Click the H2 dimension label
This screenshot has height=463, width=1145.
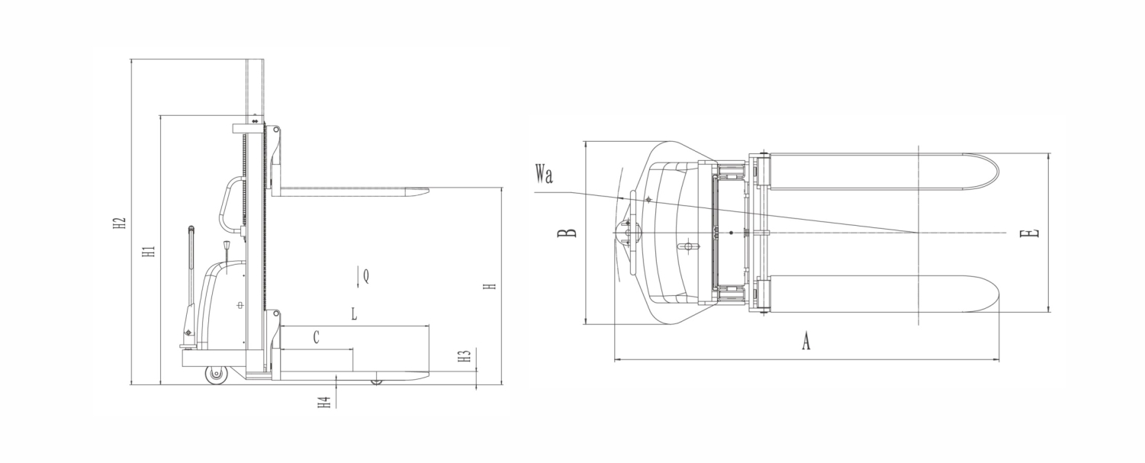point(119,223)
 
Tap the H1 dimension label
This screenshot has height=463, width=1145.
point(148,252)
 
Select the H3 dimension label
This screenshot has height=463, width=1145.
point(464,356)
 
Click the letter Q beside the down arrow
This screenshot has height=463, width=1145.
point(366,276)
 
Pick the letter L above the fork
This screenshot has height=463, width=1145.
point(354,313)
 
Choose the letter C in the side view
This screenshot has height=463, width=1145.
point(317,337)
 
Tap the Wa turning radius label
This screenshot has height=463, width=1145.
point(545,174)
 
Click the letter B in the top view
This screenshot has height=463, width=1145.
point(567,233)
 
